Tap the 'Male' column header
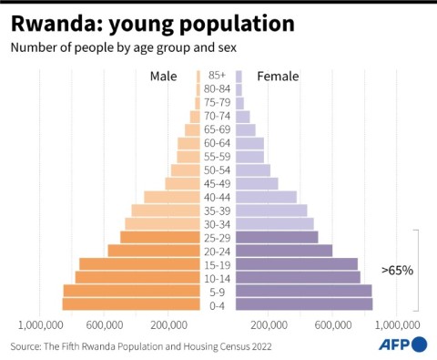pyautogui.click(x=164, y=77)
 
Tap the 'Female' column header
pyautogui.click(x=278, y=77)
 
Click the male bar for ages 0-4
pyautogui.click(x=131, y=304)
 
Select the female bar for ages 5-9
pyautogui.click(x=303, y=291)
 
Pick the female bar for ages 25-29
pyautogui.click(x=277, y=237)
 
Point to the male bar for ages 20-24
pyautogui.click(x=154, y=251)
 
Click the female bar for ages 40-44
pyautogui.click(x=266, y=197)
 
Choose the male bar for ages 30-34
pyautogui.click(x=162, y=223)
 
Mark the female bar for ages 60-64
pyautogui.click(x=249, y=143)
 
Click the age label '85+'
pyautogui.click(x=218, y=76)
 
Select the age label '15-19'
pyautogui.click(x=218, y=264)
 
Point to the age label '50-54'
pyautogui.click(x=218, y=170)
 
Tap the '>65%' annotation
pyautogui.click(x=397, y=271)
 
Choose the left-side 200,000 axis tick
pyautogui.click(x=168, y=324)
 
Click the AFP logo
pyautogui.click(x=401, y=345)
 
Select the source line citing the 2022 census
pyautogui.click(x=141, y=346)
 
